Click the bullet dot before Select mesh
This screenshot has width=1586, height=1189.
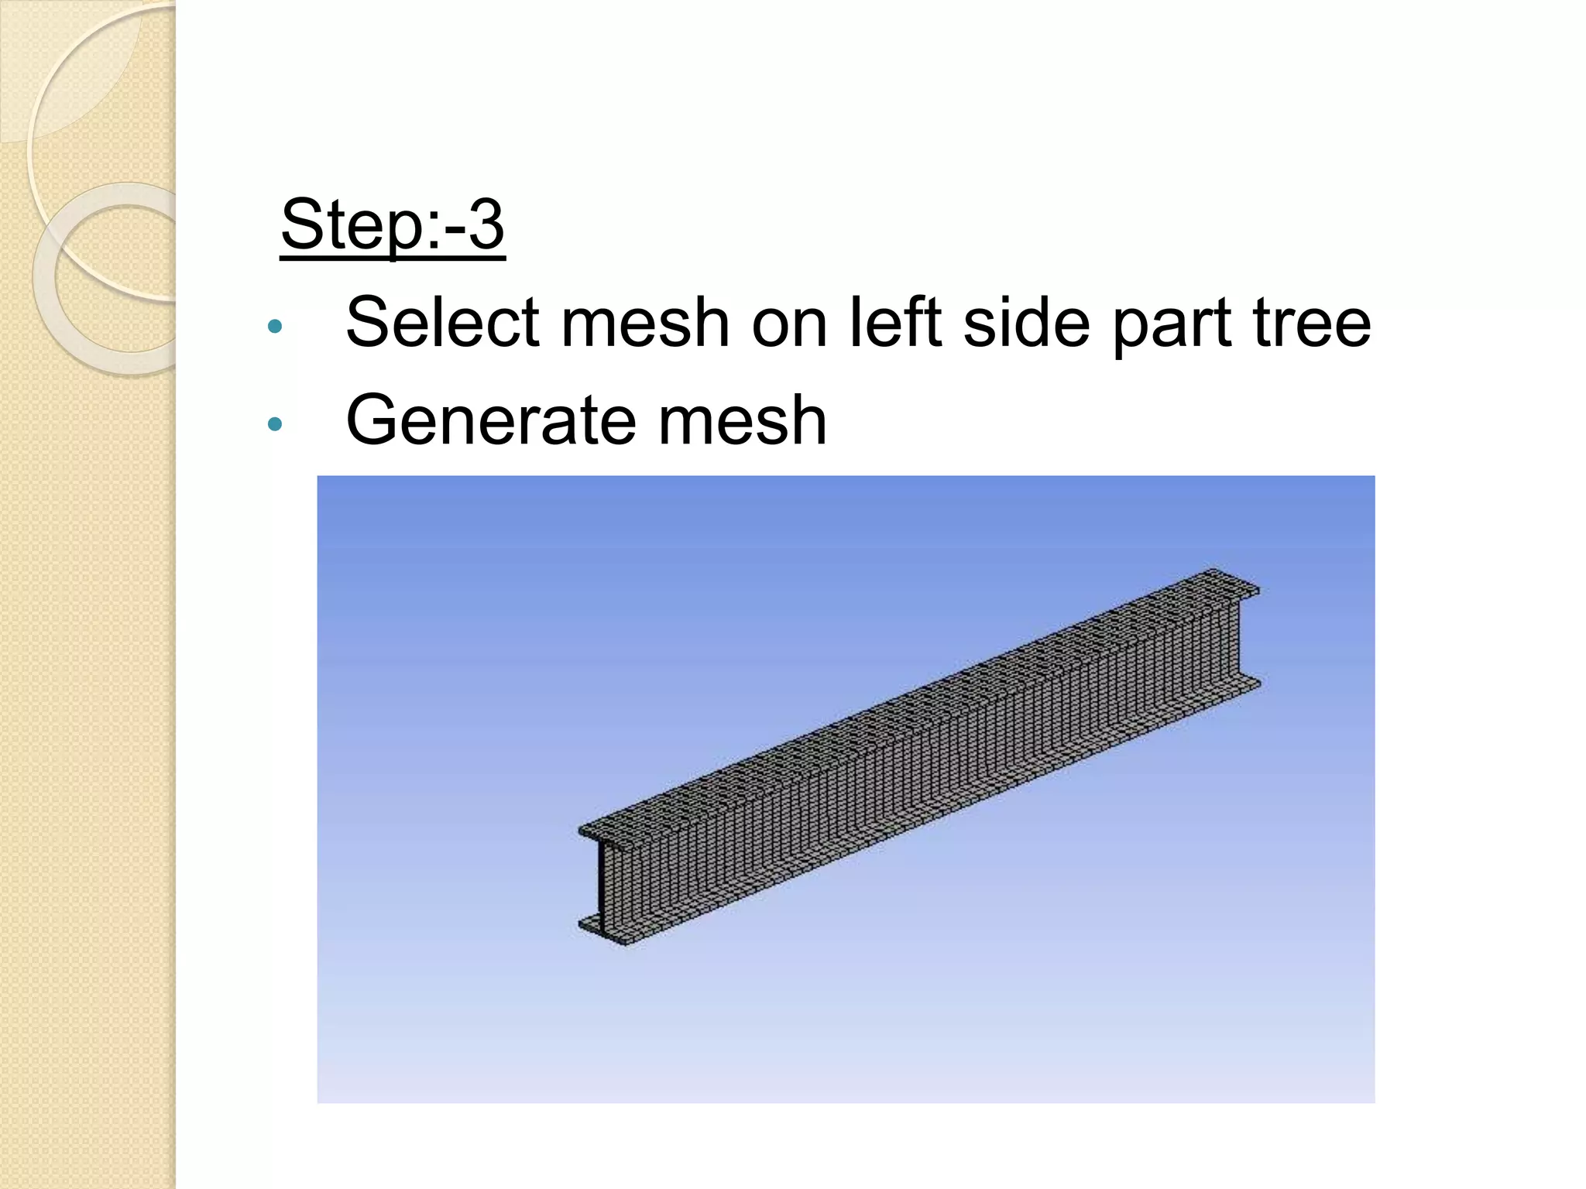tap(274, 326)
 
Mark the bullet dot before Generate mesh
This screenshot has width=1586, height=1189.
tap(274, 424)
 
